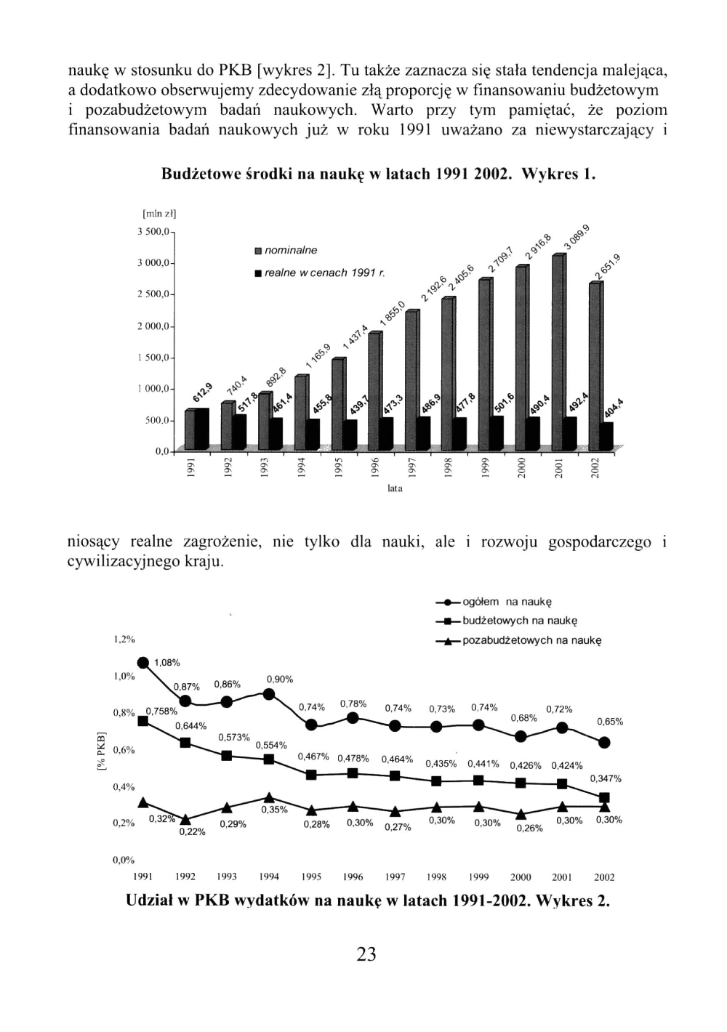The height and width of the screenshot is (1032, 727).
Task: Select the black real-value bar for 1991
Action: (x=201, y=429)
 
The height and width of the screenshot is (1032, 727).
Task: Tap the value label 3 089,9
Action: (x=576, y=237)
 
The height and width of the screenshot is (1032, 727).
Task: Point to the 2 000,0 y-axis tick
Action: (x=153, y=326)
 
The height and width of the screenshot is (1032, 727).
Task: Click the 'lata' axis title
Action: (x=395, y=489)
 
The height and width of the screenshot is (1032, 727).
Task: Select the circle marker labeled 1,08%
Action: (x=143, y=662)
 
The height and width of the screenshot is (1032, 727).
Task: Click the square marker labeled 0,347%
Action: (x=604, y=797)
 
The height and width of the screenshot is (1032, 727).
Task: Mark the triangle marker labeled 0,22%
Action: (x=185, y=820)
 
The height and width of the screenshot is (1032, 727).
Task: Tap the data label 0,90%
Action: (x=280, y=679)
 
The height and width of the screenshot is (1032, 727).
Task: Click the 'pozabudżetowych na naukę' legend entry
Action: (x=531, y=640)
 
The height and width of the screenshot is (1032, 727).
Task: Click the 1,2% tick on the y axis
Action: (x=124, y=639)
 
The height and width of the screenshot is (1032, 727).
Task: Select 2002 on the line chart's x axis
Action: (x=604, y=877)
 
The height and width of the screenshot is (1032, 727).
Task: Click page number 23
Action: (x=366, y=954)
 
